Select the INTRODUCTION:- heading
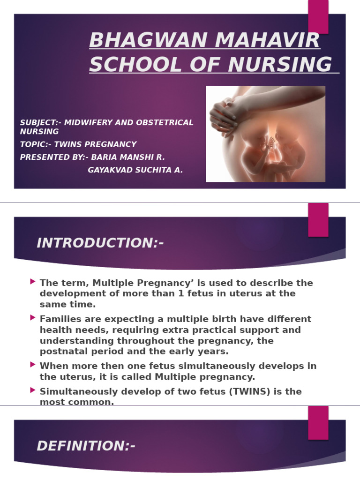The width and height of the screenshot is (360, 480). tap(100, 243)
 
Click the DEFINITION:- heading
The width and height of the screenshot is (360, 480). tap(86, 446)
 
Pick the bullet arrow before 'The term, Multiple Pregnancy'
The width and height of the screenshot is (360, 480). tap(32, 282)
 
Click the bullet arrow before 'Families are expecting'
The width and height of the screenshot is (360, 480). tap(32, 318)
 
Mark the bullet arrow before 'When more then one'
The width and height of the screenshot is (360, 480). tap(32, 364)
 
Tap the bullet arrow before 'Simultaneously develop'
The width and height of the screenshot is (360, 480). tap(32, 390)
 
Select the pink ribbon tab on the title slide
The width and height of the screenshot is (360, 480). tap(318, 16)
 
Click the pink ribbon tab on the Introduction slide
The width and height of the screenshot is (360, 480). tap(318, 219)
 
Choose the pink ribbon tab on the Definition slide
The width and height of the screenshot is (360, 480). tap(318, 422)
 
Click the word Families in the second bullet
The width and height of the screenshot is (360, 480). tap(59, 319)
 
